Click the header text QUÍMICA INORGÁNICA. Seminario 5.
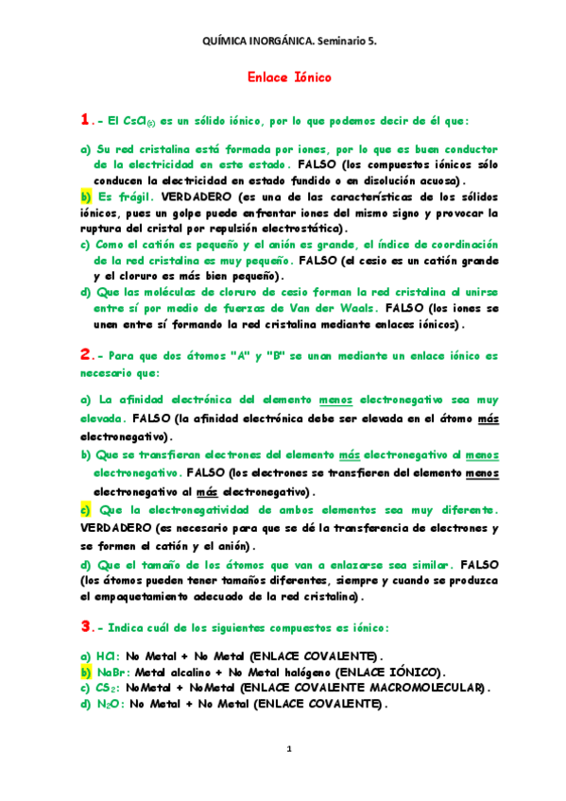click(283, 43)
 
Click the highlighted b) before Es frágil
click(84, 196)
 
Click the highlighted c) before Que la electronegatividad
click(84, 511)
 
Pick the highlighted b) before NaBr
click(84, 671)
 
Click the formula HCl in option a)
click(108, 656)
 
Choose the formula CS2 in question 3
click(108, 687)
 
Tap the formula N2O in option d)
click(109, 703)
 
